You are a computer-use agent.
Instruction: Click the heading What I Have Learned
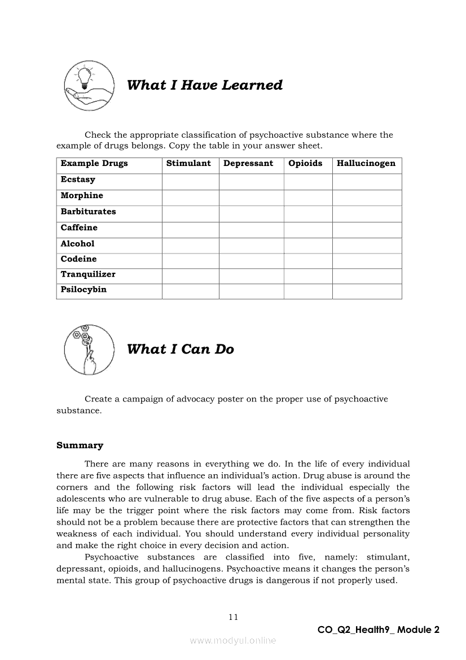(205, 85)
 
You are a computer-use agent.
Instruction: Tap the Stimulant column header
(188, 164)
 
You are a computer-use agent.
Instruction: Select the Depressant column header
(248, 164)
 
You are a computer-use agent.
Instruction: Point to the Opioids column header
(305, 164)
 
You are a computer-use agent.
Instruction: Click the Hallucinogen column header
(366, 164)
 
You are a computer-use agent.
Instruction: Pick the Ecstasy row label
(78, 180)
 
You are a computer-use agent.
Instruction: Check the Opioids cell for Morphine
(307, 197)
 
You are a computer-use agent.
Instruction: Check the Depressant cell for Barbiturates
(251, 213)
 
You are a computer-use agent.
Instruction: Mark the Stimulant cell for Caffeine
(190, 229)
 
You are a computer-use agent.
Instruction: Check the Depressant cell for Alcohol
(251, 245)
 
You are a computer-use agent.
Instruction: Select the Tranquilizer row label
(88, 275)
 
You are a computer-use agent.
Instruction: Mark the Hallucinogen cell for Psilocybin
(367, 291)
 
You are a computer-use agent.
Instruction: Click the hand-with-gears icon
(85, 349)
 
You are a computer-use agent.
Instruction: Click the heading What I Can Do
(180, 349)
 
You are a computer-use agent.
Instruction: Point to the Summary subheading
(80, 446)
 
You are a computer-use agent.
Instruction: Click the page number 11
(234, 617)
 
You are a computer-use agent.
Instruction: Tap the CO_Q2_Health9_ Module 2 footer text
(378, 630)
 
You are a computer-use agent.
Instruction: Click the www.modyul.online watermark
(233, 641)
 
